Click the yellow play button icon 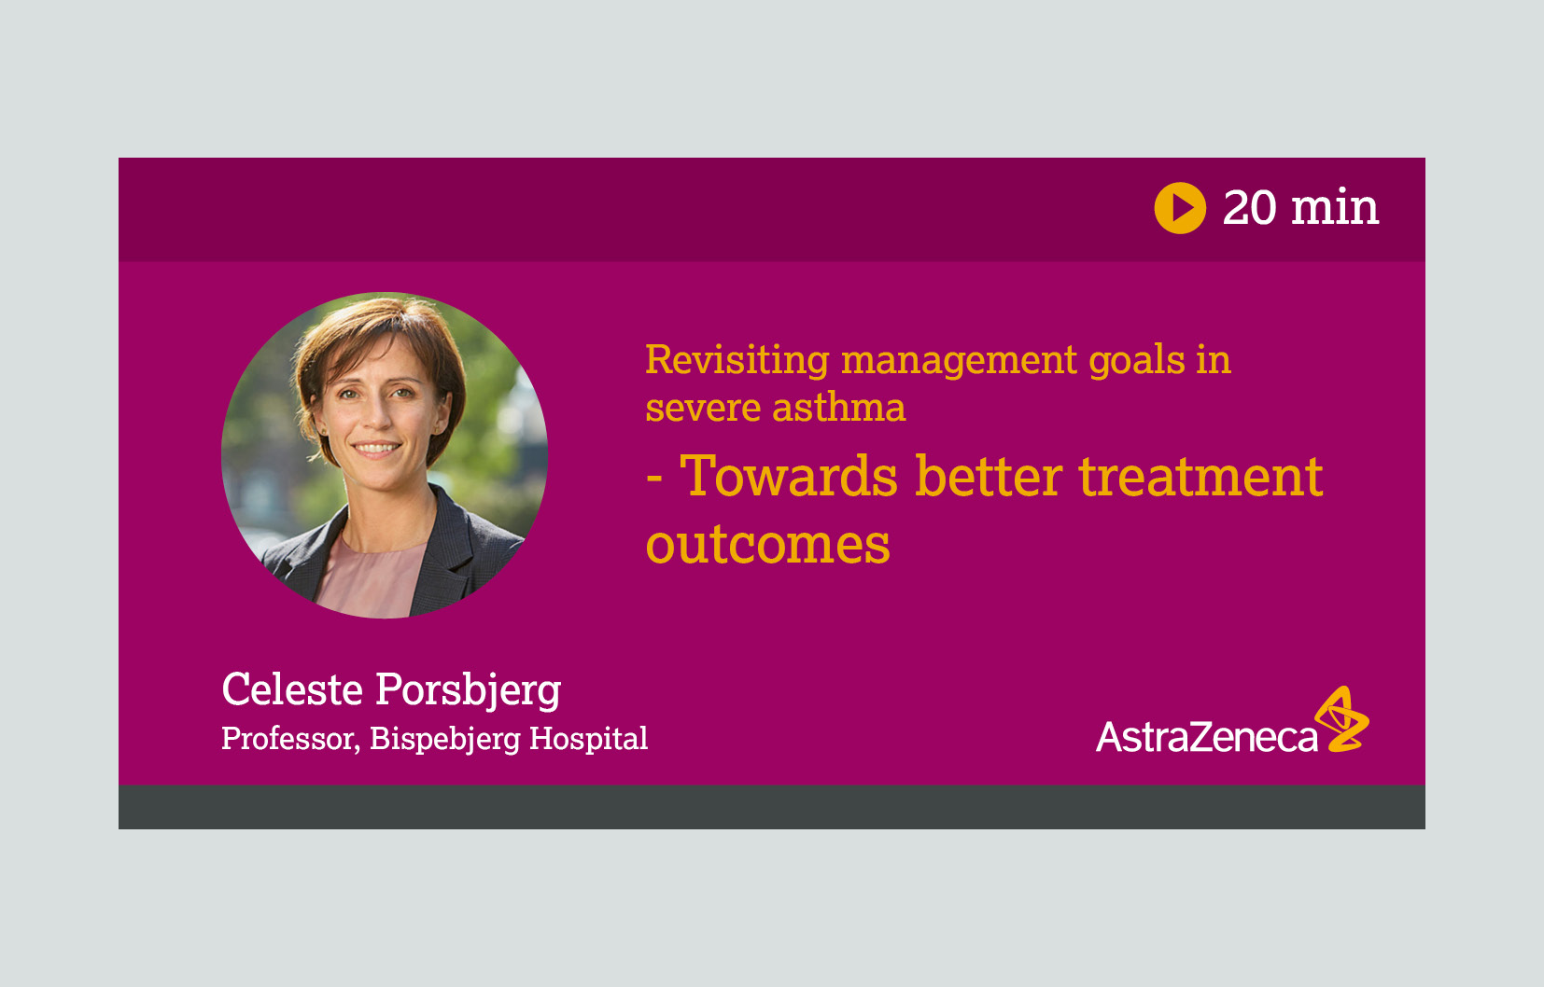(1180, 208)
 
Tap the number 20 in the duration (1250, 207)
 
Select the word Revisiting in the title (737, 361)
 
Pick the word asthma (839, 407)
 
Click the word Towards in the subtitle (789, 476)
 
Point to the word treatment (1200, 478)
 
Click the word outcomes (768, 545)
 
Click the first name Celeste (292, 689)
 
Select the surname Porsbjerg (468, 691)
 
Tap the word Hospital (589, 739)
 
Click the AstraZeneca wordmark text (1206, 737)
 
